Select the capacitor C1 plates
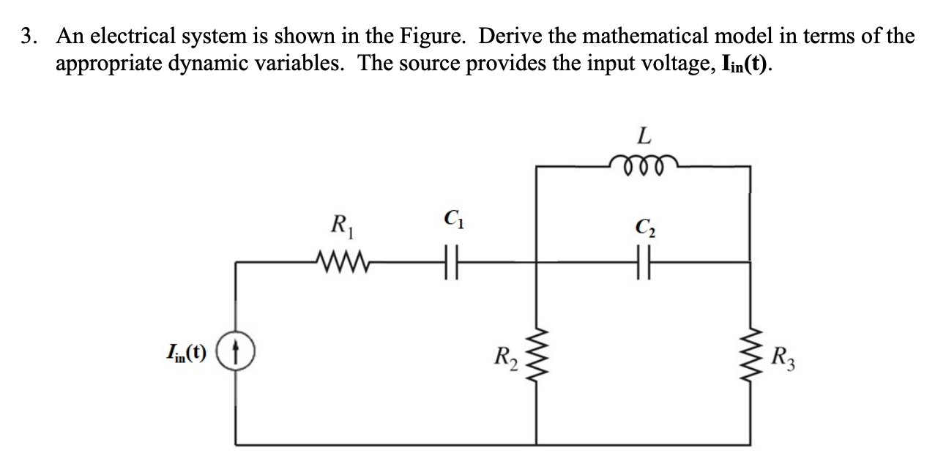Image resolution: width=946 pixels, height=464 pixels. click(x=449, y=261)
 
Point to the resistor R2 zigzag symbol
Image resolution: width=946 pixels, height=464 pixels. click(x=539, y=359)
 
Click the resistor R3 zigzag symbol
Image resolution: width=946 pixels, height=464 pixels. click(x=750, y=359)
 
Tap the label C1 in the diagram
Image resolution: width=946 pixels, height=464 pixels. click(x=451, y=217)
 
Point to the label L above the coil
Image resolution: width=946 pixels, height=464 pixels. click(x=643, y=135)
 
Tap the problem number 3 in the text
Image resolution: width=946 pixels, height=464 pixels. click(x=27, y=36)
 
